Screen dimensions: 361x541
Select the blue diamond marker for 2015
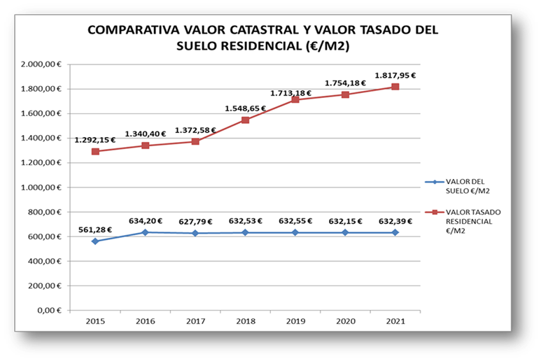click(x=95, y=241)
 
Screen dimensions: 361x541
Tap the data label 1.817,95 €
click(x=395, y=76)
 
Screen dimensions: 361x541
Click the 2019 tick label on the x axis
click(x=295, y=322)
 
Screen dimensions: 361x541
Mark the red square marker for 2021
click(x=395, y=87)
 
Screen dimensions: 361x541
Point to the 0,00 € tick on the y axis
click(x=51, y=310)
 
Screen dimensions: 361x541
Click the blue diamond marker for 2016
click(x=146, y=232)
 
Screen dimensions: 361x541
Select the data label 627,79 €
click(x=195, y=221)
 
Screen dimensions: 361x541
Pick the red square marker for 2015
click(x=95, y=151)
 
